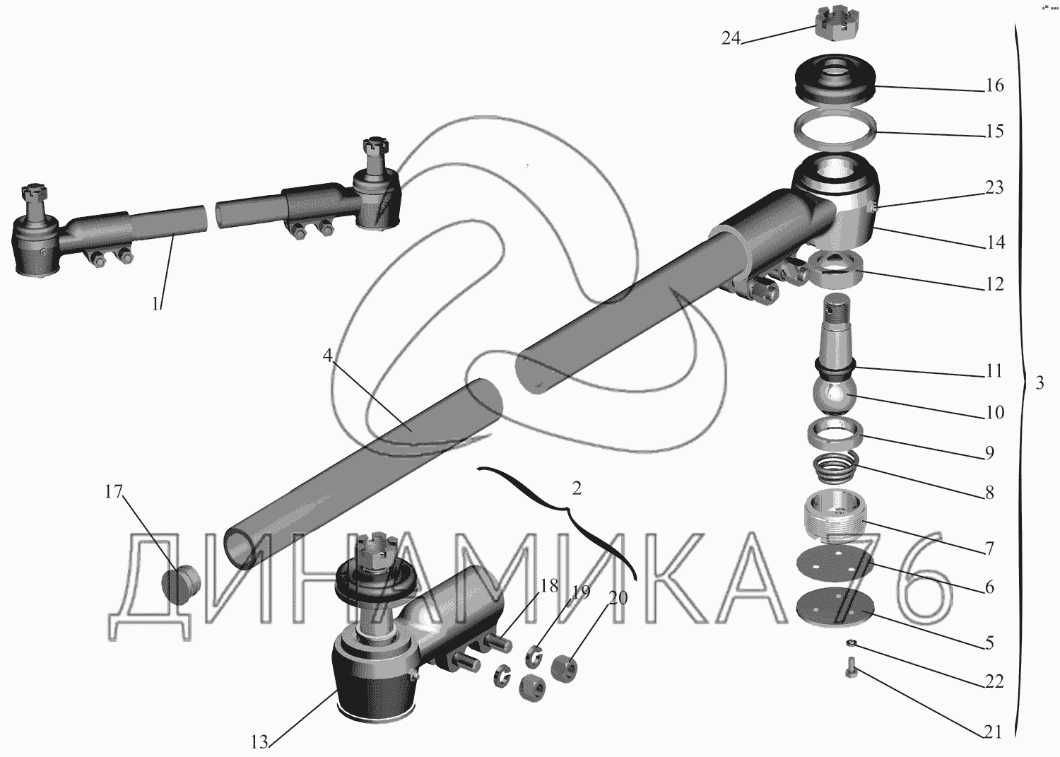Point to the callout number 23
pos(994,187)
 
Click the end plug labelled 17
pos(181,586)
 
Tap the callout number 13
pos(259,743)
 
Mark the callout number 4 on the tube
pos(327,356)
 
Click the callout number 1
pos(156,303)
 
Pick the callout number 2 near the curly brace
pos(576,488)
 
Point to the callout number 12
pos(994,284)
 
